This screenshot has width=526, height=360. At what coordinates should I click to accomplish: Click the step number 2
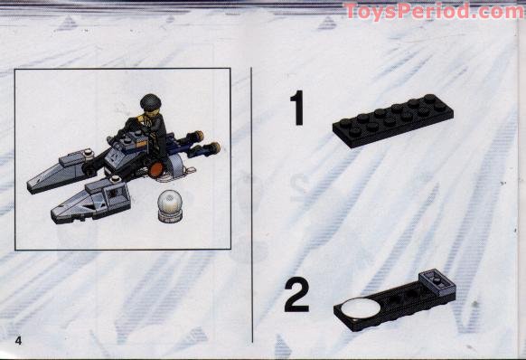tap(296, 295)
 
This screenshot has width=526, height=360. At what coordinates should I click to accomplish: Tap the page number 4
tap(18, 338)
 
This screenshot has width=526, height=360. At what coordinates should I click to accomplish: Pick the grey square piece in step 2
tap(437, 284)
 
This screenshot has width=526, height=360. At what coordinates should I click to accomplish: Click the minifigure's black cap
tap(149, 101)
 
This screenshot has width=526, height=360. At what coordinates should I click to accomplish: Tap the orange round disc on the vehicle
tap(155, 167)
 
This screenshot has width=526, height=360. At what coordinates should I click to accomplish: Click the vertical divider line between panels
tap(252, 199)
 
